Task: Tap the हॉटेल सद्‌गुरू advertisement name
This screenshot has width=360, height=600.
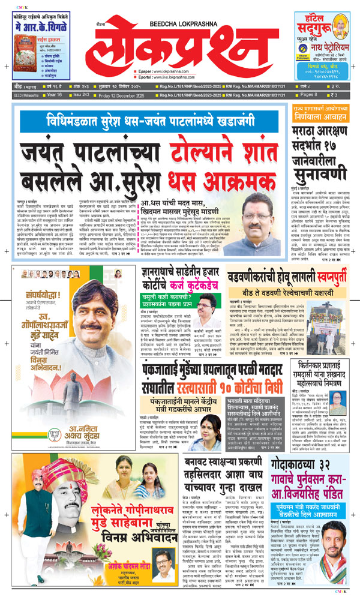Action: click(312, 24)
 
